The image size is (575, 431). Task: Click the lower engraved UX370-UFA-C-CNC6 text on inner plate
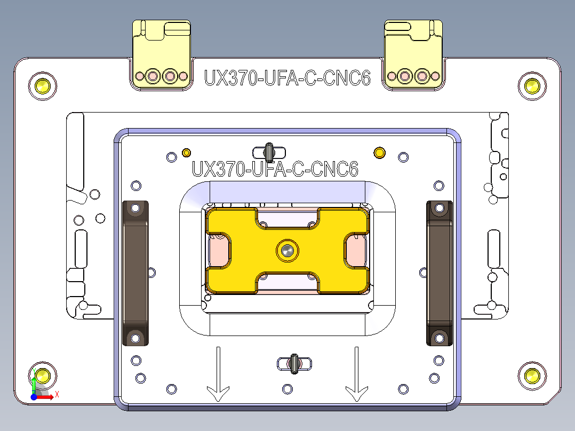pyautogui.click(x=275, y=170)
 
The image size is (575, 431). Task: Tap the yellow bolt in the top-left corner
pyautogui.click(x=42, y=85)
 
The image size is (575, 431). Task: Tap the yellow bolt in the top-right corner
pyautogui.click(x=532, y=85)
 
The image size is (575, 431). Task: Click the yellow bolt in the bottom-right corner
pyautogui.click(x=532, y=376)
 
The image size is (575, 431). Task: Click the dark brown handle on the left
pyautogui.click(x=136, y=273)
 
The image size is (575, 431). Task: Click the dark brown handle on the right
pyautogui.click(x=439, y=273)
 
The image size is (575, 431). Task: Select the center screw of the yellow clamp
pyautogui.click(x=287, y=250)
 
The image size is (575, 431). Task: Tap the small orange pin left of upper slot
pyautogui.click(x=186, y=153)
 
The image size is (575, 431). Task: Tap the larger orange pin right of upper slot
pyautogui.click(x=379, y=153)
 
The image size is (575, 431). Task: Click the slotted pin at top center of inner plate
pyautogui.click(x=269, y=153)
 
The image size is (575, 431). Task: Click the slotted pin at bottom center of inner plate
pyautogui.click(x=294, y=364)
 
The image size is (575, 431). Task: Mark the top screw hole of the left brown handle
pyautogui.click(x=136, y=209)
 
